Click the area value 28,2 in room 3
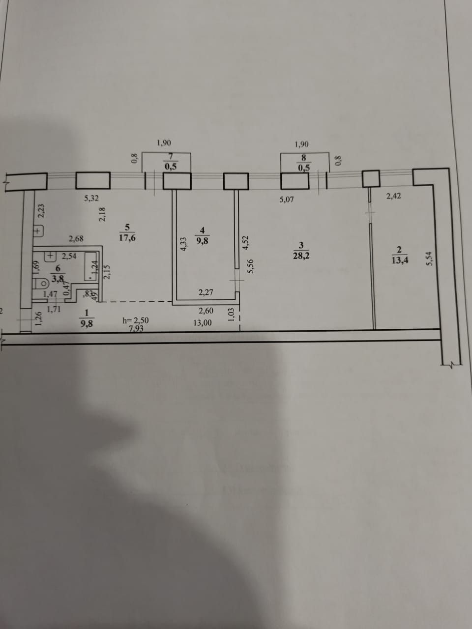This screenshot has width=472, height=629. [x=301, y=256]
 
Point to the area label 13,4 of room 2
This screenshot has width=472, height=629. [x=399, y=260]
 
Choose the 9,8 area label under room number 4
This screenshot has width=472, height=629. [x=203, y=241]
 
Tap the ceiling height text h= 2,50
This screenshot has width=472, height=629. [x=135, y=320]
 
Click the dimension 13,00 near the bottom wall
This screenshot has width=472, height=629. [x=203, y=323]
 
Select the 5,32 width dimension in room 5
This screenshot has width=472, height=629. [x=91, y=199]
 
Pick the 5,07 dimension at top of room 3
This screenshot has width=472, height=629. [x=287, y=200]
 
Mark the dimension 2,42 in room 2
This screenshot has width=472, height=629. [x=393, y=196]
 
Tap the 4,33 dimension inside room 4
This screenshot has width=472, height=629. [x=184, y=244]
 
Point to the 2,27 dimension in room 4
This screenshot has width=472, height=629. [x=206, y=293]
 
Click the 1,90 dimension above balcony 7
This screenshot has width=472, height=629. [x=164, y=143]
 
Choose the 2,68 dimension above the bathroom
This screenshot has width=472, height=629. [x=76, y=239]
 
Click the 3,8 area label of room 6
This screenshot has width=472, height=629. [x=58, y=278]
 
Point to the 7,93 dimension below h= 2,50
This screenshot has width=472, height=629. [x=136, y=329]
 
